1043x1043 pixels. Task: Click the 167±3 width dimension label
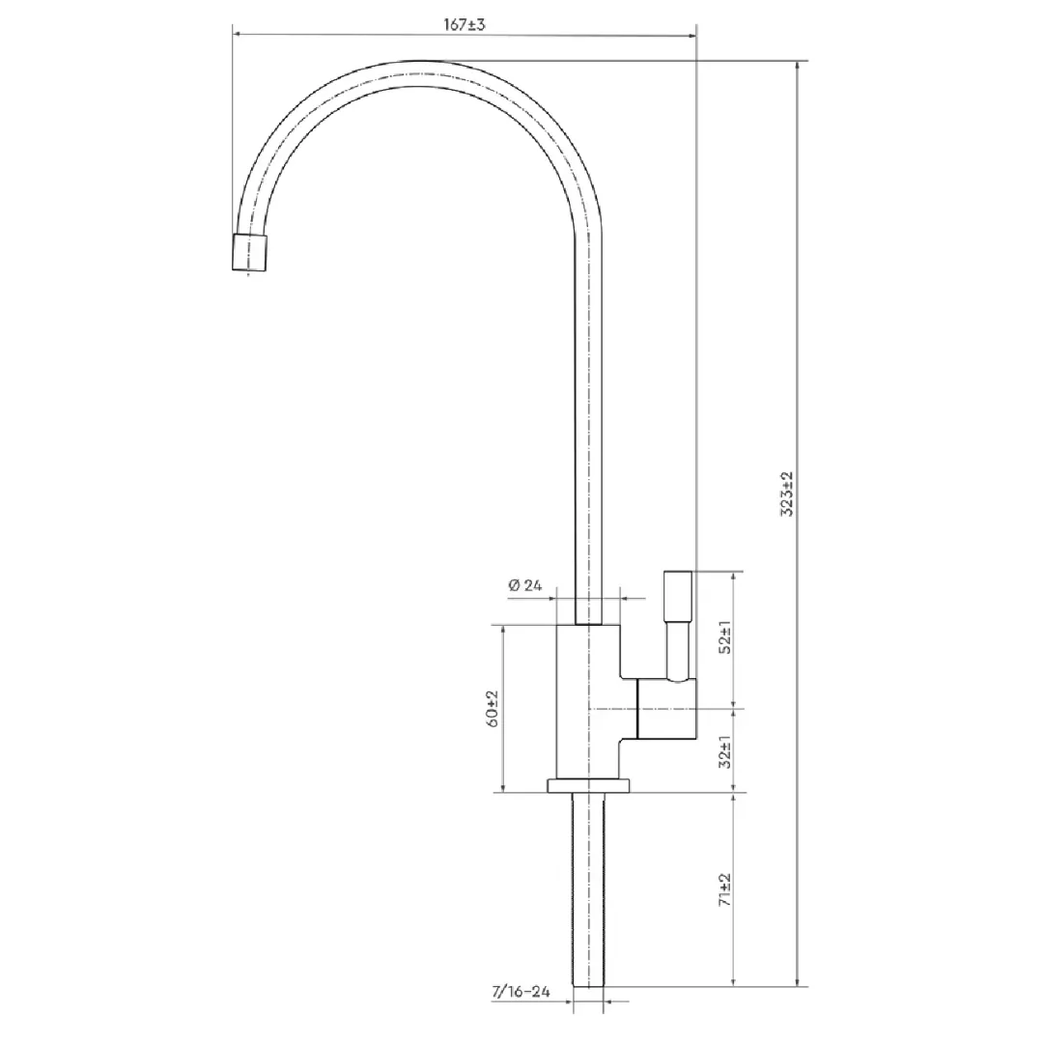coord(465,24)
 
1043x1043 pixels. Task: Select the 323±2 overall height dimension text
coord(787,494)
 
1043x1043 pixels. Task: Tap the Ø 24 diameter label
coord(524,585)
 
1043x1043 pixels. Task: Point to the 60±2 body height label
coord(493,709)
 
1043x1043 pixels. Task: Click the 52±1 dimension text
coord(725,637)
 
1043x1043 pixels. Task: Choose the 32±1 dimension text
coord(725,751)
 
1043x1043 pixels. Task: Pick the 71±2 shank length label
coord(725,890)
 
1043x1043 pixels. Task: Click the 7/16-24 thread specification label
coord(521,992)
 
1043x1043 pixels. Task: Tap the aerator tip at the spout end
coord(250,252)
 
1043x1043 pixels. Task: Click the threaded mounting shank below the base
coord(588,889)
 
